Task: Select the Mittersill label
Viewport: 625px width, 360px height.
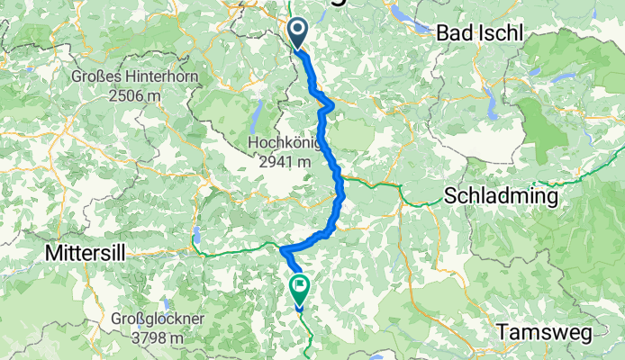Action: click(88, 255)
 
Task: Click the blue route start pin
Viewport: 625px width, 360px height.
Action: click(300, 34)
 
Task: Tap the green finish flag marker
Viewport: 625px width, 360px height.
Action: click(300, 289)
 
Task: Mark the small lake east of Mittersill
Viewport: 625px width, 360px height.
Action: click(195, 238)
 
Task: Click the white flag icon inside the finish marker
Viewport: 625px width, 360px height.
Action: click(300, 286)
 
